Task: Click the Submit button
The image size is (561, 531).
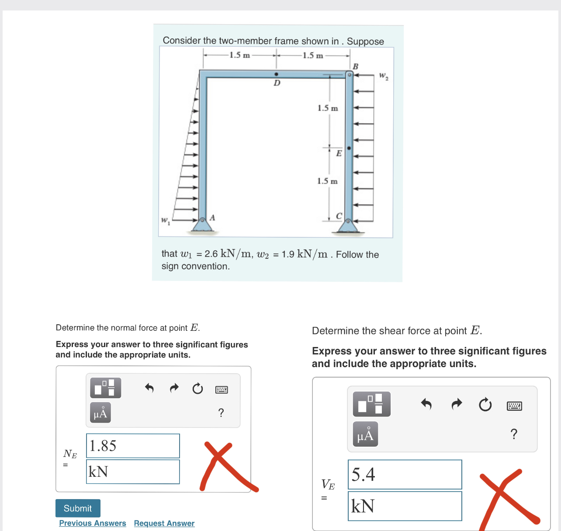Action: (x=78, y=508)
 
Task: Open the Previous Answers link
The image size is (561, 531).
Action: (x=93, y=523)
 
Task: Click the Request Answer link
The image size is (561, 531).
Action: (x=164, y=523)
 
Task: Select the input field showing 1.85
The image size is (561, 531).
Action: (x=133, y=446)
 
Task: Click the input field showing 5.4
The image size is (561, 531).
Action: (x=405, y=474)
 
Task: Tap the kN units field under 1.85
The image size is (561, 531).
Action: (x=133, y=472)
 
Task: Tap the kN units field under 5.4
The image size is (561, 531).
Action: (x=405, y=506)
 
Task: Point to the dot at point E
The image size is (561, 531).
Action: (x=349, y=148)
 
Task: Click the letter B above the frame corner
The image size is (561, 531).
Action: (x=355, y=66)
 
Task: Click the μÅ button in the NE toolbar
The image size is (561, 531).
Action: (x=100, y=413)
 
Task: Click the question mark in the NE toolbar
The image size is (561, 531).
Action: (x=221, y=413)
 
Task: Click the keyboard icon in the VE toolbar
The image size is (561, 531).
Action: (x=514, y=406)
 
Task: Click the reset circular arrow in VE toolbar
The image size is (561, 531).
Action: (x=485, y=405)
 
